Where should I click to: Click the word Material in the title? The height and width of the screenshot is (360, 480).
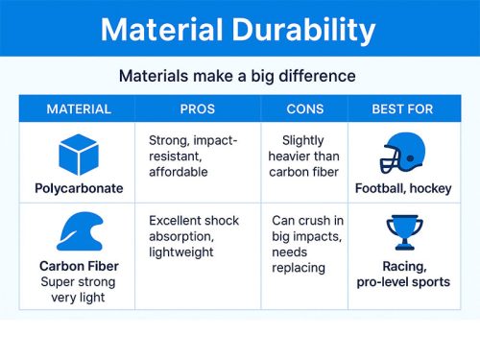pyautogui.click(x=159, y=29)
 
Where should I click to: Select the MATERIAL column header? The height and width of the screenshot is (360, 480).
pyautogui.click(x=79, y=109)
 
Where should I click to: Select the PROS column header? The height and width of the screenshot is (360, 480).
pyautogui.click(x=197, y=109)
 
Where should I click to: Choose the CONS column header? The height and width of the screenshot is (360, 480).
pyautogui.click(x=304, y=109)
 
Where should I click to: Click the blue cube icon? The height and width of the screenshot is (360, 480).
pyautogui.click(x=80, y=154)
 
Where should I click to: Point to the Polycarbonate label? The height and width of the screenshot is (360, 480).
pyautogui.click(x=80, y=188)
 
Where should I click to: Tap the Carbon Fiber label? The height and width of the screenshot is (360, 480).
pyautogui.click(x=80, y=266)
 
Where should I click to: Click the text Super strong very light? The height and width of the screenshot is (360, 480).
pyautogui.click(x=80, y=291)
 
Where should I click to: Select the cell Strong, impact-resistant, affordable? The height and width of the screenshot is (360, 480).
pyautogui.click(x=192, y=156)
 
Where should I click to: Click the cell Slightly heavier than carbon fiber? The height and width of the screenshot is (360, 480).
pyautogui.click(x=304, y=156)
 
